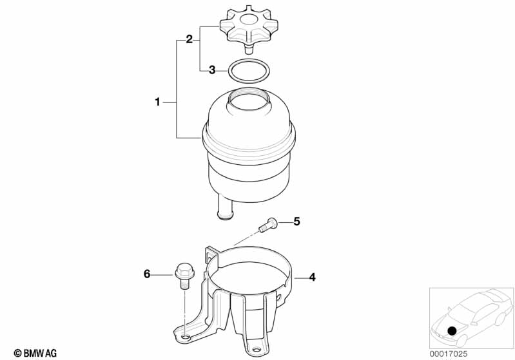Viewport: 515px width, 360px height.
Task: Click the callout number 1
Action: coord(158,102)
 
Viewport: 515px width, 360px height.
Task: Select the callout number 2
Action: coord(189,39)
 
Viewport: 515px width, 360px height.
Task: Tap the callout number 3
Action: coord(212,70)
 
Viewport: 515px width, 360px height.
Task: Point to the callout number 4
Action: coord(312,278)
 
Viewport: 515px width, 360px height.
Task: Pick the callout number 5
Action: coord(296,222)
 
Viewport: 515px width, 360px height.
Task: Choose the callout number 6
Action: coord(147,274)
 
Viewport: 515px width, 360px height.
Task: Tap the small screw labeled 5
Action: coord(268,225)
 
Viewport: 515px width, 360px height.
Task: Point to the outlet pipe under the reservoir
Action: coord(225,207)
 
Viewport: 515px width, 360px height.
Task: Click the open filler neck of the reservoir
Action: coord(249,99)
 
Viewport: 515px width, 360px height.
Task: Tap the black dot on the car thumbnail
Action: coord(452,331)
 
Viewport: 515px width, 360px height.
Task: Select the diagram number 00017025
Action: coord(449,354)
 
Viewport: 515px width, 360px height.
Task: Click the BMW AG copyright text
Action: coord(35,353)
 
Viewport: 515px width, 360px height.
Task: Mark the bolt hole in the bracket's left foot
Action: coord(186,337)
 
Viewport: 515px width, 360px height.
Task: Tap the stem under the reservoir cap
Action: coord(249,49)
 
